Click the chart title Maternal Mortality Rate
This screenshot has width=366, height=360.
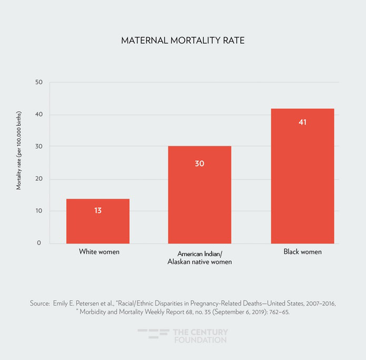pos(183,41)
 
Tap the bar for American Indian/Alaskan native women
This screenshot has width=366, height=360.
pos(199,195)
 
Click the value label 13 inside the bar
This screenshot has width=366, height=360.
pos(98,210)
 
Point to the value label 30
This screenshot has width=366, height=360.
pos(199,163)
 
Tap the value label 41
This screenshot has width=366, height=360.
pos(302,122)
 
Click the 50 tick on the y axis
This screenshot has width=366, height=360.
pos(39,82)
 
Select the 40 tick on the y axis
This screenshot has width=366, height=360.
pos(39,115)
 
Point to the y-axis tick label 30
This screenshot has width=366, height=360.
pos(39,147)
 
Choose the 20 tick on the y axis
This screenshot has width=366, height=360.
pos(39,179)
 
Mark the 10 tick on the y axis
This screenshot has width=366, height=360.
pos(39,211)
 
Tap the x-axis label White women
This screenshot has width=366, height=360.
pos(99,252)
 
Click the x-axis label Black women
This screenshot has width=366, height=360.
pos(302,252)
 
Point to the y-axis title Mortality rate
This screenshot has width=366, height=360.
pos(19,151)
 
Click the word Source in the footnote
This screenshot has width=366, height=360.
pos(39,304)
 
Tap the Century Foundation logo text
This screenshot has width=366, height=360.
pos(201,336)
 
